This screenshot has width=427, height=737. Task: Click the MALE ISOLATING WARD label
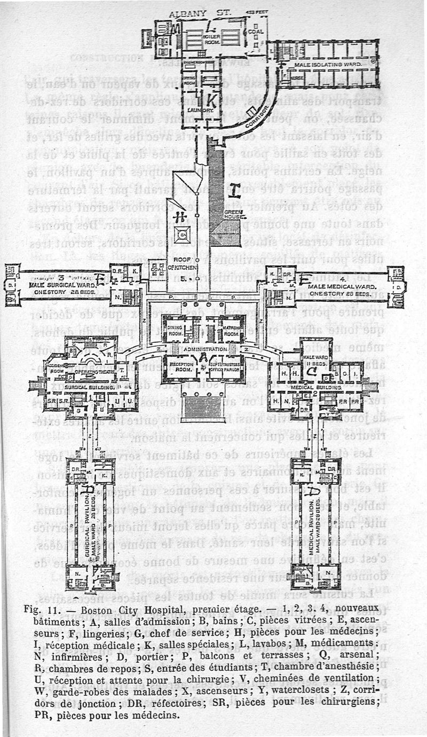click(x=328, y=64)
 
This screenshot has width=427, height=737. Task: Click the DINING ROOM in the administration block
click(x=175, y=330)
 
